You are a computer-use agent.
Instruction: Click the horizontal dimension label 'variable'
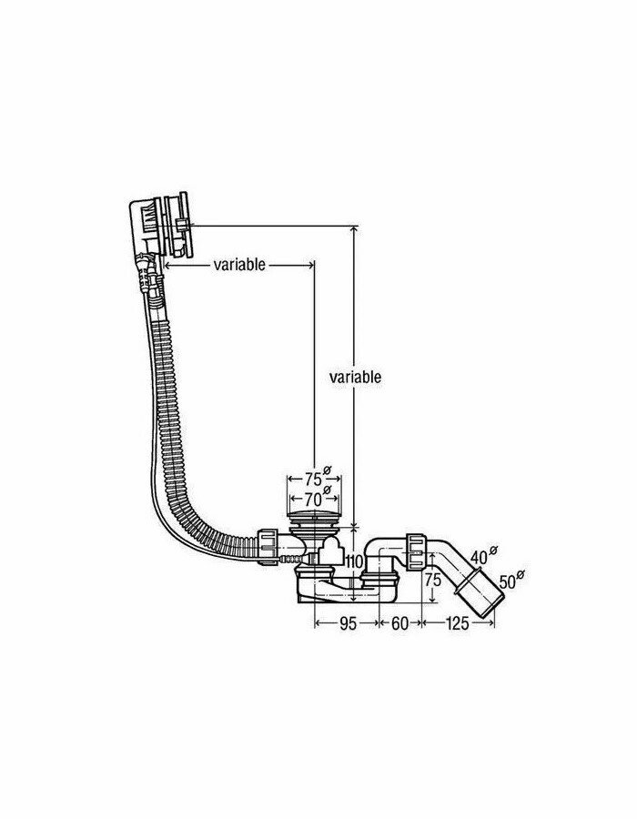click(x=239, y=265)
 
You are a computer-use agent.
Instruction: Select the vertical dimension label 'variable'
click(x=354, y=376)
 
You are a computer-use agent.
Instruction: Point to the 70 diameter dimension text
click(x=312, y=499)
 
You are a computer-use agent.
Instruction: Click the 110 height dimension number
click(x=354, y=561)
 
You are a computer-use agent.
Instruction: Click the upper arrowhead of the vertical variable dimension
click(x=353, y=230)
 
